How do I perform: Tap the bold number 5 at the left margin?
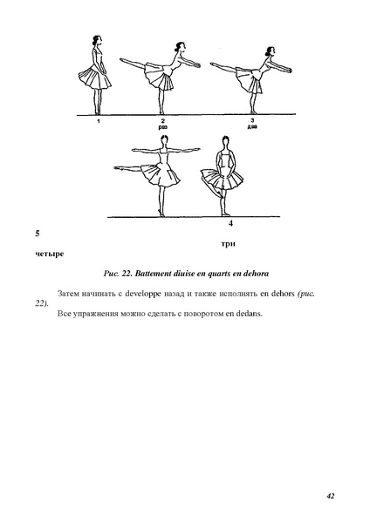[36, 234]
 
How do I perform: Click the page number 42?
[331, 496]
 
